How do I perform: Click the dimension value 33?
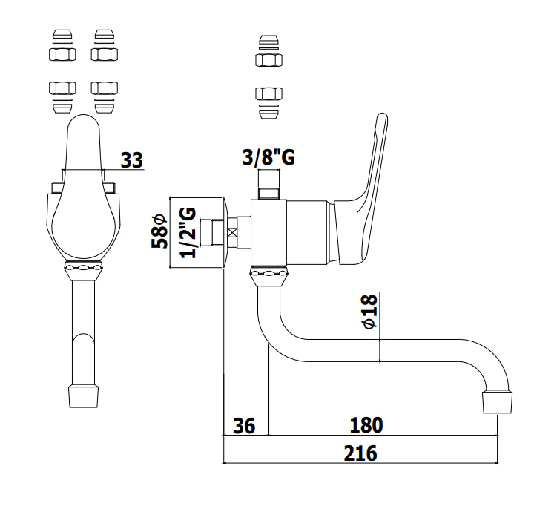pyautogui.click(x=132, y=160)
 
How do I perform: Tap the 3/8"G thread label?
pyautogui.click(x=268, y=157)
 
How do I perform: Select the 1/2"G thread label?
pyautogui.click(x=188, y=233)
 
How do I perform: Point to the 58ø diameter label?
pyautogui.click(x=159, y=231)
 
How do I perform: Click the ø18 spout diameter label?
pyautogui.click(x=370, y=311)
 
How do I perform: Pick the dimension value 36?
pyautogui.click(x=244, y=426)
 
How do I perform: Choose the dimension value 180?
pyautogui.click(x=366, y=425)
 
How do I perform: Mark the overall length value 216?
pyautogui.click(x=360, y=453)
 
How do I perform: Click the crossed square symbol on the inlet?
pyautogui.click(x=233, y=233)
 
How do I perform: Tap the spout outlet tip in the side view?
pyautogui.click(x=498, y=402)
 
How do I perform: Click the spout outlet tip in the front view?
pyautogui.click(x=83, y=396)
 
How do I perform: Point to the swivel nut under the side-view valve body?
pyautogui.click(x=268, y=277)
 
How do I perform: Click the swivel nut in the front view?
pyautogui.click(x=83, y=271)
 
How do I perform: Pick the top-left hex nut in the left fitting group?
pyautogui.click(x=62, y=54)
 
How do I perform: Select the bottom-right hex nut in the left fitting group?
pyautogui.click(x=105, y=88)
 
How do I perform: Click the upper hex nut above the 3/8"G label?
pyautogui.click(x=268, y=60)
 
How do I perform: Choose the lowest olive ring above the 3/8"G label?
pyautogui.click(x=268, y=114)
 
